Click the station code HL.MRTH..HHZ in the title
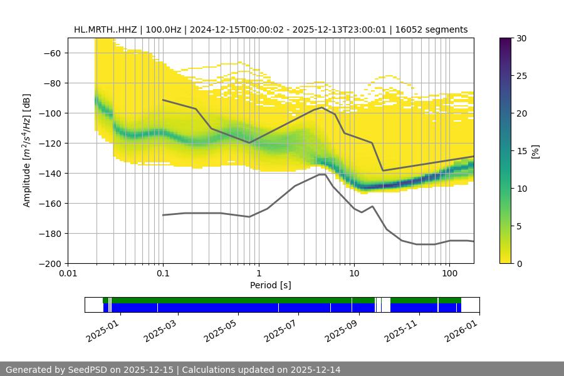pos(105,29)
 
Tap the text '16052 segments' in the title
pos(436,29)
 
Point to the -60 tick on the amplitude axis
pos(53,53)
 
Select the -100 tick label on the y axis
pos(50,113)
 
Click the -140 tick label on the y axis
pos(50,173)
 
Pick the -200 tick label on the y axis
pos(50,263)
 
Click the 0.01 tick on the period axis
pos(68,274)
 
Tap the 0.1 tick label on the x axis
pos(163,274)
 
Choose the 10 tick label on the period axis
pos(353,274)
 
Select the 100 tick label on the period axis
pos(449,274)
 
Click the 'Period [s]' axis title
pos(271,285)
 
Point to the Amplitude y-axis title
pos(27,150)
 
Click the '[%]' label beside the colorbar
pos(535,151)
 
